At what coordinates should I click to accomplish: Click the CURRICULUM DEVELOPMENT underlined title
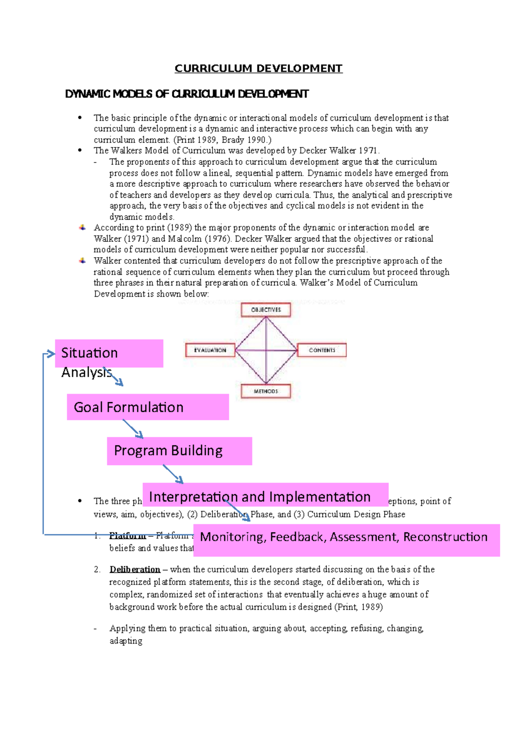258,69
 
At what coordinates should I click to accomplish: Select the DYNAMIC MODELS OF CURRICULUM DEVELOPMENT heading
187,94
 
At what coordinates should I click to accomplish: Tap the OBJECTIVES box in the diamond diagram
266,310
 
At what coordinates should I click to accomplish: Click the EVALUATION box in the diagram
210,350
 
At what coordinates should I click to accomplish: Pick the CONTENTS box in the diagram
321,350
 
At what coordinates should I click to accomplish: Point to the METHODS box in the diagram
266,391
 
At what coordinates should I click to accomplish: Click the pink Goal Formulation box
148,407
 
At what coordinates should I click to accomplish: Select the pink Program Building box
179,451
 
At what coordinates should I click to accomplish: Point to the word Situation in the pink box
89,353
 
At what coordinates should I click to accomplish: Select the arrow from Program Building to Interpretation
173,474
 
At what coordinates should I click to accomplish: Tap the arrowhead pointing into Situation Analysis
51,354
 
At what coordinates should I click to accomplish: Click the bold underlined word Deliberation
135,569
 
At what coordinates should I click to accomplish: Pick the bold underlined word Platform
128,536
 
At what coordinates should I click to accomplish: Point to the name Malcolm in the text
184,239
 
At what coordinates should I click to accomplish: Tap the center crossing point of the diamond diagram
266,350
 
